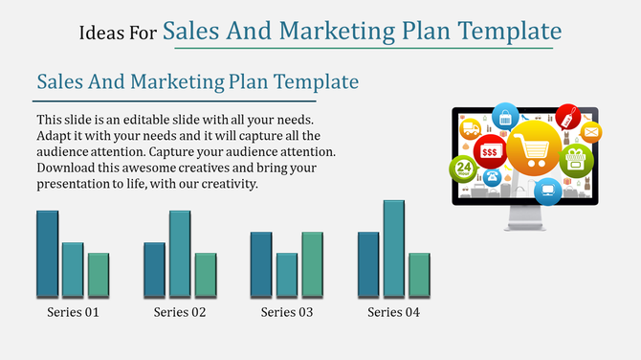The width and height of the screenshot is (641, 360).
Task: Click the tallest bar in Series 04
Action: pyautogui.click(x=394, y=248)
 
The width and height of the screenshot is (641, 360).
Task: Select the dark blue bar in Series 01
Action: pyautogui.click(x=48, y=253)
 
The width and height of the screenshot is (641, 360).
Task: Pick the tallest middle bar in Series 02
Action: pyautogui.click(x=180, y=253)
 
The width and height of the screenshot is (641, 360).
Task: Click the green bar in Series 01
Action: pyautogui.click(x=99, y=274)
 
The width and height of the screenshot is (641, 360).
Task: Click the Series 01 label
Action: pyautogui.click(x=73, y=312)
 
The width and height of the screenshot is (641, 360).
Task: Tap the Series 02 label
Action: pyautogui.click(x=180, y=312)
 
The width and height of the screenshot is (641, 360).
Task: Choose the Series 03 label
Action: pyautogui.click(x=287, y=312)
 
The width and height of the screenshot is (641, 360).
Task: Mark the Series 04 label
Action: pyautogui.click(x=394, y=312)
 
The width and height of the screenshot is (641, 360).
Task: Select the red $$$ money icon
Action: pyautogui.click(x=489, y=151)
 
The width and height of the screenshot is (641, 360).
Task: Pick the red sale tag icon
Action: pyautogui.click(x=568, y=118)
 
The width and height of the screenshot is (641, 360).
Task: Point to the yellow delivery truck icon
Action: pyautogui.click(x=471, y=128)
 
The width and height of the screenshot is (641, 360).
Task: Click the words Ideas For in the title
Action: pyautogui.click(x=118, y=34)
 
